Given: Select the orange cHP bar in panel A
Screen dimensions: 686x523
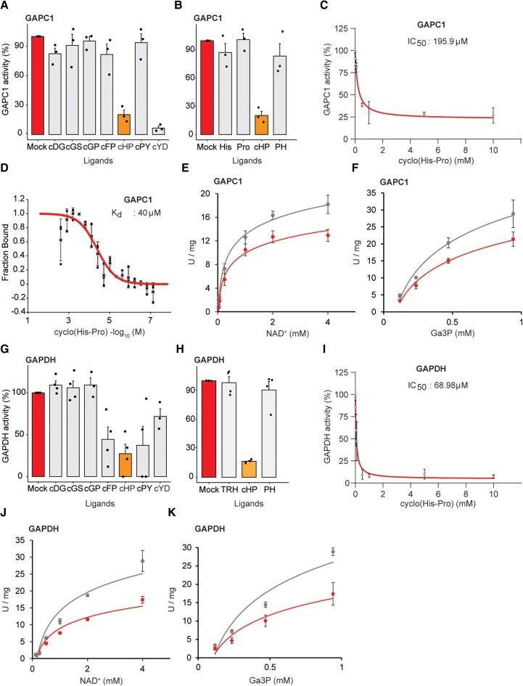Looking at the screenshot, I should tap(125, 125).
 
